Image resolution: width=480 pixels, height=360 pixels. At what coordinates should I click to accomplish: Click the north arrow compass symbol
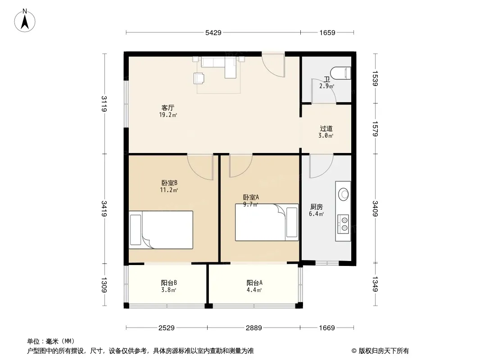tap(25, 21)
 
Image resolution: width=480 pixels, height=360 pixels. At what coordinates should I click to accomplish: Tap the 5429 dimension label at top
tap(213, 33)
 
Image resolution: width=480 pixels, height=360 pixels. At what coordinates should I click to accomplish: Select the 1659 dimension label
tap(327, 33)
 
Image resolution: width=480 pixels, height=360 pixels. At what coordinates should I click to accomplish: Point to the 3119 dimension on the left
tap(104, 103)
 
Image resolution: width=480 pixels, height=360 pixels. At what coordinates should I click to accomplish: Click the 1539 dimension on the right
tap(375, 78)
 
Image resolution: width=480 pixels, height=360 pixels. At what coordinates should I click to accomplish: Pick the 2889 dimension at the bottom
tap(254, 328)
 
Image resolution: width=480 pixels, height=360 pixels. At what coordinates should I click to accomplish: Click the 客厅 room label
tap(168, 108)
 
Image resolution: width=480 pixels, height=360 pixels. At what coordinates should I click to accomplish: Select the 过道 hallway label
tap(326, 128)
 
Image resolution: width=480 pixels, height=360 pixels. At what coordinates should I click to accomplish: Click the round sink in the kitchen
tap(344, 194)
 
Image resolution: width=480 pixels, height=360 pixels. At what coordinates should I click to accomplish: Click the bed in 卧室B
tap(161, 229)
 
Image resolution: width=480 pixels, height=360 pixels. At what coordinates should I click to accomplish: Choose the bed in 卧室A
tap(267, 222)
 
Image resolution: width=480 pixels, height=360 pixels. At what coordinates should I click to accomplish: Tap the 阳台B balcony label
tap(169, 283)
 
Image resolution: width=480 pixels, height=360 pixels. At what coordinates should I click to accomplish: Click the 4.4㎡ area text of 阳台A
tap(254, 290)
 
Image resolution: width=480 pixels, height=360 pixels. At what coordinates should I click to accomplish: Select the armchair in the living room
tap(199, 78)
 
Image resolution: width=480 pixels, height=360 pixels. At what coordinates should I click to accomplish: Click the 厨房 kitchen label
tap(316, 207)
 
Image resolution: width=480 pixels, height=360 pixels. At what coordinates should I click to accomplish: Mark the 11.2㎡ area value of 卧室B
tap(169, 190)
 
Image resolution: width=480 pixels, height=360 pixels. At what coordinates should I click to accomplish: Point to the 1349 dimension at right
tap(375, 284)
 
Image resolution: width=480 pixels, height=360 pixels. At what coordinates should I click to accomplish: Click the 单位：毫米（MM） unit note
tap(51, 342)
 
